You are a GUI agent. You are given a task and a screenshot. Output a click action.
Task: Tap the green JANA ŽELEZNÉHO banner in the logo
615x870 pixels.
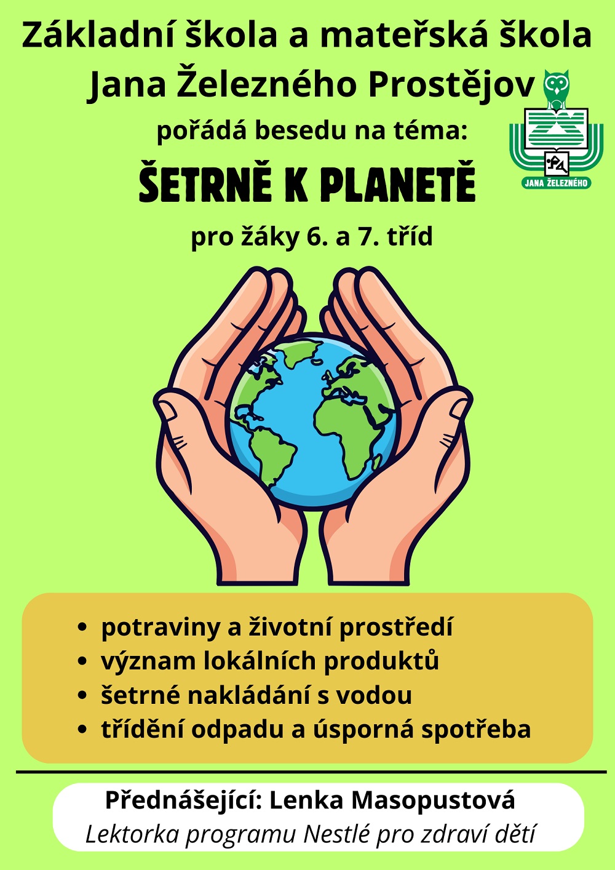coord(557,183)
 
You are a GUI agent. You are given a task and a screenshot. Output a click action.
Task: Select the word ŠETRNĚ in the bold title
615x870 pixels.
coord(205,183)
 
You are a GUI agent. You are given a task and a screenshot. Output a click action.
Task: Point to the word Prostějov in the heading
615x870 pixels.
coord(451,84)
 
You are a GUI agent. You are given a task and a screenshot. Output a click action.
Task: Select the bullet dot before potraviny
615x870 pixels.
coord(82,628)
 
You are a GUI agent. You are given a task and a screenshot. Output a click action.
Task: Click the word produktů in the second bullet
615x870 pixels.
coord(381,661)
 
